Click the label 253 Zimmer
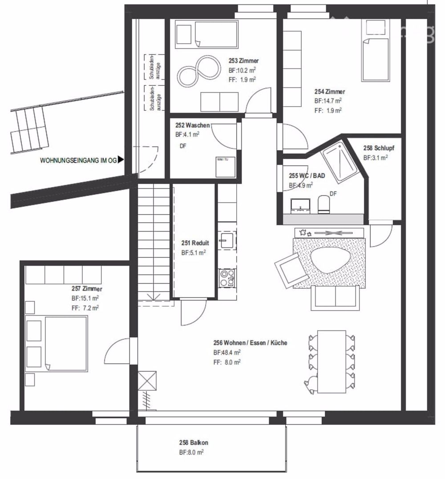[243, 61]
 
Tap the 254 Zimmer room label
[329, 92]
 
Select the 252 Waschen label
[192, 125]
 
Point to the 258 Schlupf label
[379, 148]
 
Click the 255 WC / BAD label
[307, 176]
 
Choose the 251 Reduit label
[195, 243]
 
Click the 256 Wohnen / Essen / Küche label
[250, 343]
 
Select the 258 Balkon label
[193, 443]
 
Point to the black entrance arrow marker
[121, 160]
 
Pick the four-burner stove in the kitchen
[227, 277]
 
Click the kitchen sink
[227, 240]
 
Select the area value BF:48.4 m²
[227, 352]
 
